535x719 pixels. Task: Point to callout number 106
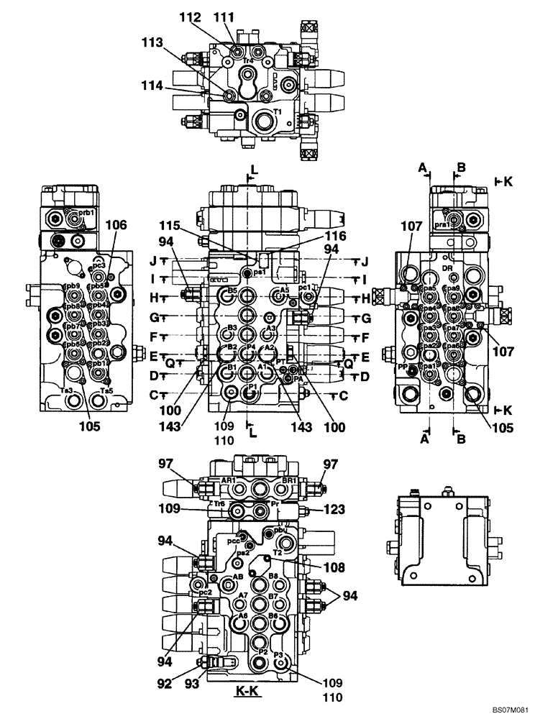coord(116,224)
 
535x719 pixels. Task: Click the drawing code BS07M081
coord(511,710)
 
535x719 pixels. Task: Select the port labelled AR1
coord(229,480)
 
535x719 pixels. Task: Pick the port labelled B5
coord(232,291)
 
